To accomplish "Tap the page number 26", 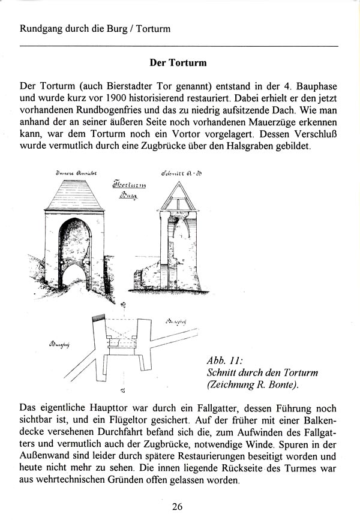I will (x=177, y=507).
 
